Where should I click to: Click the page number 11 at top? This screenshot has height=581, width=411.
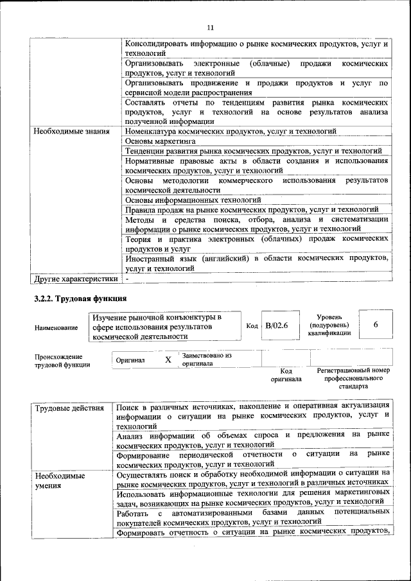coord(210,27)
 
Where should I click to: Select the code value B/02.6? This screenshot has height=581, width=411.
coord(277,325)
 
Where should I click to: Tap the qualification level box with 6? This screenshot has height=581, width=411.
coord(376,325)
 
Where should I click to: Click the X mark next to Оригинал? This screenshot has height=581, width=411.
coord(168,360)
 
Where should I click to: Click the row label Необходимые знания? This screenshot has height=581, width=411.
coord(71,131)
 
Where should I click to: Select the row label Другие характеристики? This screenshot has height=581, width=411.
coord(76,279)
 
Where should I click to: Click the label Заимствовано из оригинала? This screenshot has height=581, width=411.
coord(207,359)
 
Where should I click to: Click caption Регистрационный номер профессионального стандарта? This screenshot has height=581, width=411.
coord(354,379)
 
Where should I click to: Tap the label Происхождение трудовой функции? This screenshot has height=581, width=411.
coord(62,361)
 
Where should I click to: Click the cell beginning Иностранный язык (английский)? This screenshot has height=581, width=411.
coord(256,263)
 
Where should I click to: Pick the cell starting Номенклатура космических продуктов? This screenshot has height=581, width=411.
coord(231,131)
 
